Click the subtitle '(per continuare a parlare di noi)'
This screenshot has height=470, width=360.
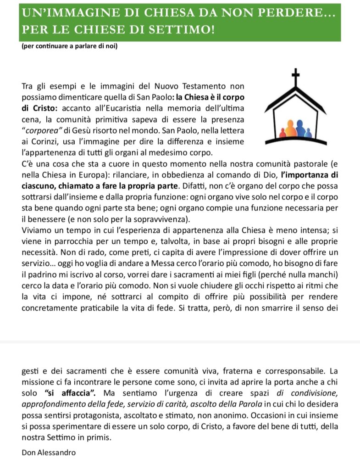[x=70, y=46]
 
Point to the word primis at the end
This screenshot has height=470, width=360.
[x=98, y=436]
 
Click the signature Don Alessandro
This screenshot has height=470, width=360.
[x=49, y=453]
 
